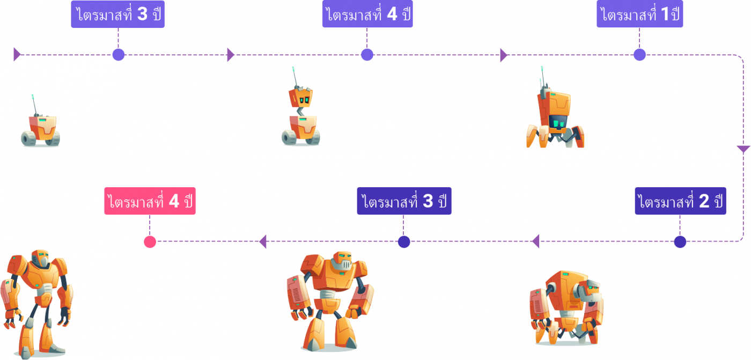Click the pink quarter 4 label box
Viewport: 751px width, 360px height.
tap(150, 202)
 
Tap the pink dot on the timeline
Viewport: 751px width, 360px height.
tap(150, 242)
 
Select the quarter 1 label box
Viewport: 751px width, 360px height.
tap(639, 14)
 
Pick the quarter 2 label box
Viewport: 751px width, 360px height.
tap(680, 202)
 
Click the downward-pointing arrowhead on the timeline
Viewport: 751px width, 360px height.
tap(743, 149)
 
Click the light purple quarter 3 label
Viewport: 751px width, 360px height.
tap(117, 14)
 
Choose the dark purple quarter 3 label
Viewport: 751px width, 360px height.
tap(404, 202)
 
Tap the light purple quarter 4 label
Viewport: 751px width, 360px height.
tap(367, 14)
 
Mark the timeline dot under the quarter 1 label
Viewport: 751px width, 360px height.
tap(639, 55)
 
